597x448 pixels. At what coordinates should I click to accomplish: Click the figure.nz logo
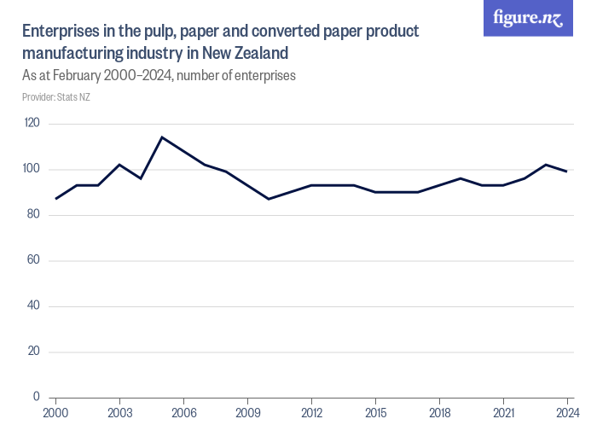click(528, 18)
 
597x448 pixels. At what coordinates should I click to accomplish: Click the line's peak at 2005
click(162, 137)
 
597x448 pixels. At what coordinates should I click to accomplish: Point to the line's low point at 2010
click(269, 199)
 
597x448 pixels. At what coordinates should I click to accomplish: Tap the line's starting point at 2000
click(55, 199)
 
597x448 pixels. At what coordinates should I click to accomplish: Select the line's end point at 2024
click(567, 172)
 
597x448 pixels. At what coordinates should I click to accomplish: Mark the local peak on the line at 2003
click(119, 165)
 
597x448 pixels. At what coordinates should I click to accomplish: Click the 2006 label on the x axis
click(183, 412)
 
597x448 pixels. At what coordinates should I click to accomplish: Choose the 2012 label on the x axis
click(311, 412)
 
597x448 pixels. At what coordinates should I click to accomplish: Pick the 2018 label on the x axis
click(439, 412)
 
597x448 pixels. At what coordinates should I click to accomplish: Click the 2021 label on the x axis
click(503, 412)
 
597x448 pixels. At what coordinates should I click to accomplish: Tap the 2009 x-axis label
click(247, 412)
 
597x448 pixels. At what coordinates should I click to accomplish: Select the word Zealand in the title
click(252, 53)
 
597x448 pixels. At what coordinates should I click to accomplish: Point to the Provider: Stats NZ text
click(56, 97)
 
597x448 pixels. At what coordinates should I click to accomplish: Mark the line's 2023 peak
click(546, 165)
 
